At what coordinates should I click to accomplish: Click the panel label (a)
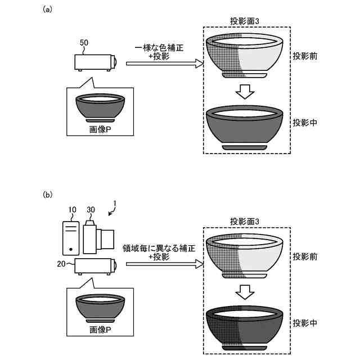tap(48, 10)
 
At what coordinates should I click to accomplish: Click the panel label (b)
tap(48, 195)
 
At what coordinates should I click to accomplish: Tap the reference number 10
tap(71, 210)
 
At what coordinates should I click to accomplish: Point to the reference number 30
tap(91, 210)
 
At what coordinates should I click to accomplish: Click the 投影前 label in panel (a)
tap(305, 57)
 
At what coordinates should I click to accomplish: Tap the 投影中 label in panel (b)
tap(305, 323)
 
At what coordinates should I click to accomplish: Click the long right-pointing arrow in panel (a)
tap(164, 65)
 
